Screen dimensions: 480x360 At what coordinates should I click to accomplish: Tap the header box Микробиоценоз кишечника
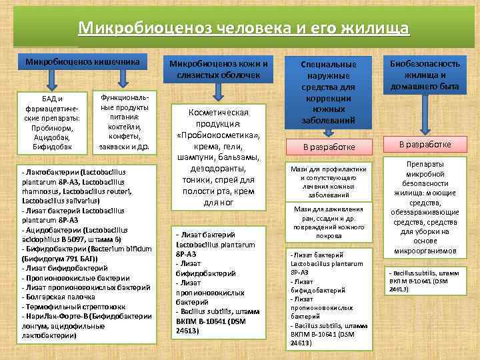83,62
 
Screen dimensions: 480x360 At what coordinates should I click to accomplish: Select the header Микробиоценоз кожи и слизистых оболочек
219,69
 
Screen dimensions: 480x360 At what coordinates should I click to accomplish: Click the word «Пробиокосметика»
219,137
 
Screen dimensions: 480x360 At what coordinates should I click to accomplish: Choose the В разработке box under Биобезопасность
425,144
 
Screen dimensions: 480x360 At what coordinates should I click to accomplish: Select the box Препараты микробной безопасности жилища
425,207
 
